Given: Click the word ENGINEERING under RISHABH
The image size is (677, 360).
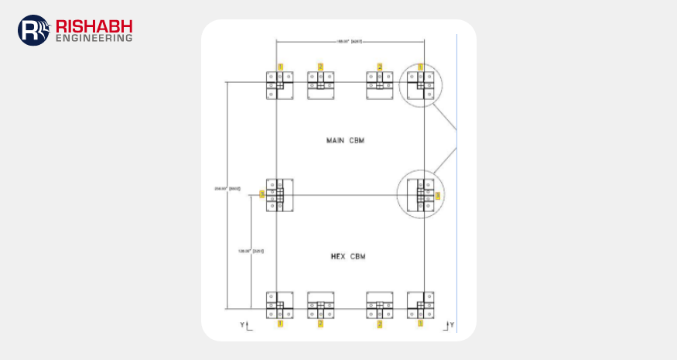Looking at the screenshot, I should click(x=93, y=37).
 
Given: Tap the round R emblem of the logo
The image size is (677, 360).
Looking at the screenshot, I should click(x=33, y=30).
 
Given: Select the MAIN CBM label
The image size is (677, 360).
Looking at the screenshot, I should click(x=345, y=141).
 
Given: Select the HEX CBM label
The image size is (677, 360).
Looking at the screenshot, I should click(x=345, y=255).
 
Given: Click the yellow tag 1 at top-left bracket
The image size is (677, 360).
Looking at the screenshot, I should click(x=280, y=67).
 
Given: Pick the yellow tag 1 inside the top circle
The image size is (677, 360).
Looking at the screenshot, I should click(x=421, y=67).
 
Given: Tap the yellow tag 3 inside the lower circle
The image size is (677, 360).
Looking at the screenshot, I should click(x=437, y=195).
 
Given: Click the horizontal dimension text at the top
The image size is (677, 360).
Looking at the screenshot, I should click(x=350, y=40).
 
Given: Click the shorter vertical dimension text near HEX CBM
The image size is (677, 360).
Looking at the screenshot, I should click(x=246, y=251).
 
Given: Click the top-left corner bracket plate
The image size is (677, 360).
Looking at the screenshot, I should click(x=280, y=85).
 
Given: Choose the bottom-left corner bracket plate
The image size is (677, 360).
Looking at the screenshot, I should click(x=280, y=305).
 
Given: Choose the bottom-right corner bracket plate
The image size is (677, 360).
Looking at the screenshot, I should click(x=421, y=305).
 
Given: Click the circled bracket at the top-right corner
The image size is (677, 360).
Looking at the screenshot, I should click(x=421, y=85).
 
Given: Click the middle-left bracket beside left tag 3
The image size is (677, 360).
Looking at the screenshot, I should click(x=280, y=195).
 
